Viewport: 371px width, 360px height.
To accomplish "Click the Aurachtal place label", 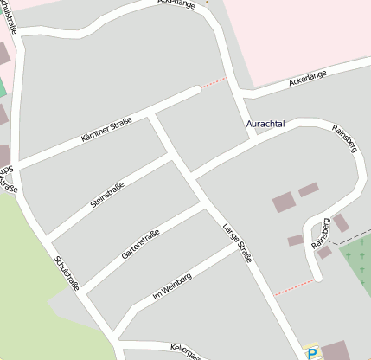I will click(x=265, y=125).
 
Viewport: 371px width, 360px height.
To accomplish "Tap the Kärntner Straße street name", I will click(x=106, y=131).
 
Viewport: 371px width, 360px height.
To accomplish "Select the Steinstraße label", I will click(x=107, y=194).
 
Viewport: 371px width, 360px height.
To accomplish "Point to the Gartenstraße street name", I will click(x=138, y=241).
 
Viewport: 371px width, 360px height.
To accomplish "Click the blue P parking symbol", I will click(x=312, y=353).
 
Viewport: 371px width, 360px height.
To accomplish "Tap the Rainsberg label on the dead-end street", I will click(x=321, y=234).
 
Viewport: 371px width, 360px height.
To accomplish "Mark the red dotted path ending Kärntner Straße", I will click(x=213, y=83).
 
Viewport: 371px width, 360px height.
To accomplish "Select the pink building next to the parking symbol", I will click(x=336, y=351).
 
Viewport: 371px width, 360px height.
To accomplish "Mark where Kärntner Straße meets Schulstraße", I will click(x=18, y=164).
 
